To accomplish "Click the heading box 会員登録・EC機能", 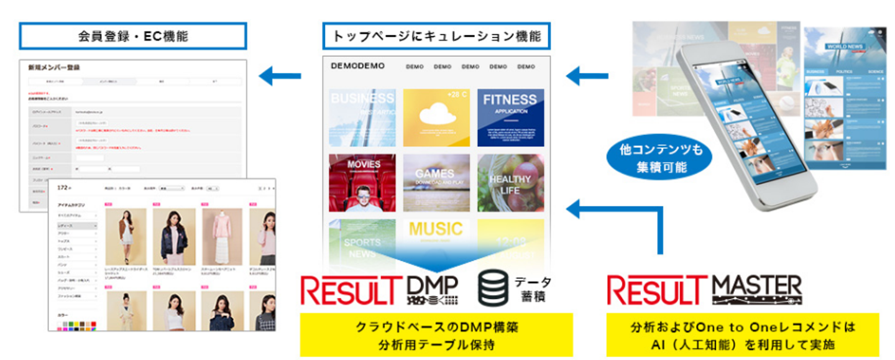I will coord(133,36).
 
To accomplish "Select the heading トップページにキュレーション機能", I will coord(436,36).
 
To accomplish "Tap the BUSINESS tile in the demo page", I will coord(362,118).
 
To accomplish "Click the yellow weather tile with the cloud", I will coord(436,118).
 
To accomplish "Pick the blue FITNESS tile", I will coord(510,118).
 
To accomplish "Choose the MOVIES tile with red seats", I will coord(362,183).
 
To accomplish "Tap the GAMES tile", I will coord(436,183).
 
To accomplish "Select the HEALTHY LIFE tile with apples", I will coord(510,183).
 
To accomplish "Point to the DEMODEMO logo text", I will coord(357,66).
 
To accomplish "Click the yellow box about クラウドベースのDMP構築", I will coord(436,335).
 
